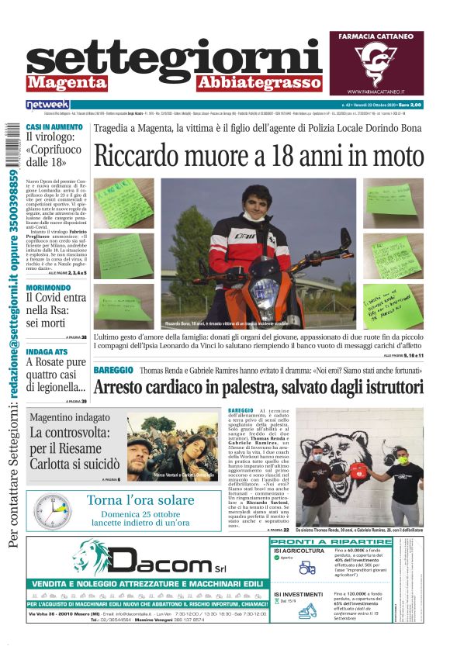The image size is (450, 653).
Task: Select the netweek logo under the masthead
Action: pyautogui.click(x=47, y=105)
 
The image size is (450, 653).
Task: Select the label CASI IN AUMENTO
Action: pyautogui.click(x=54, y=126)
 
